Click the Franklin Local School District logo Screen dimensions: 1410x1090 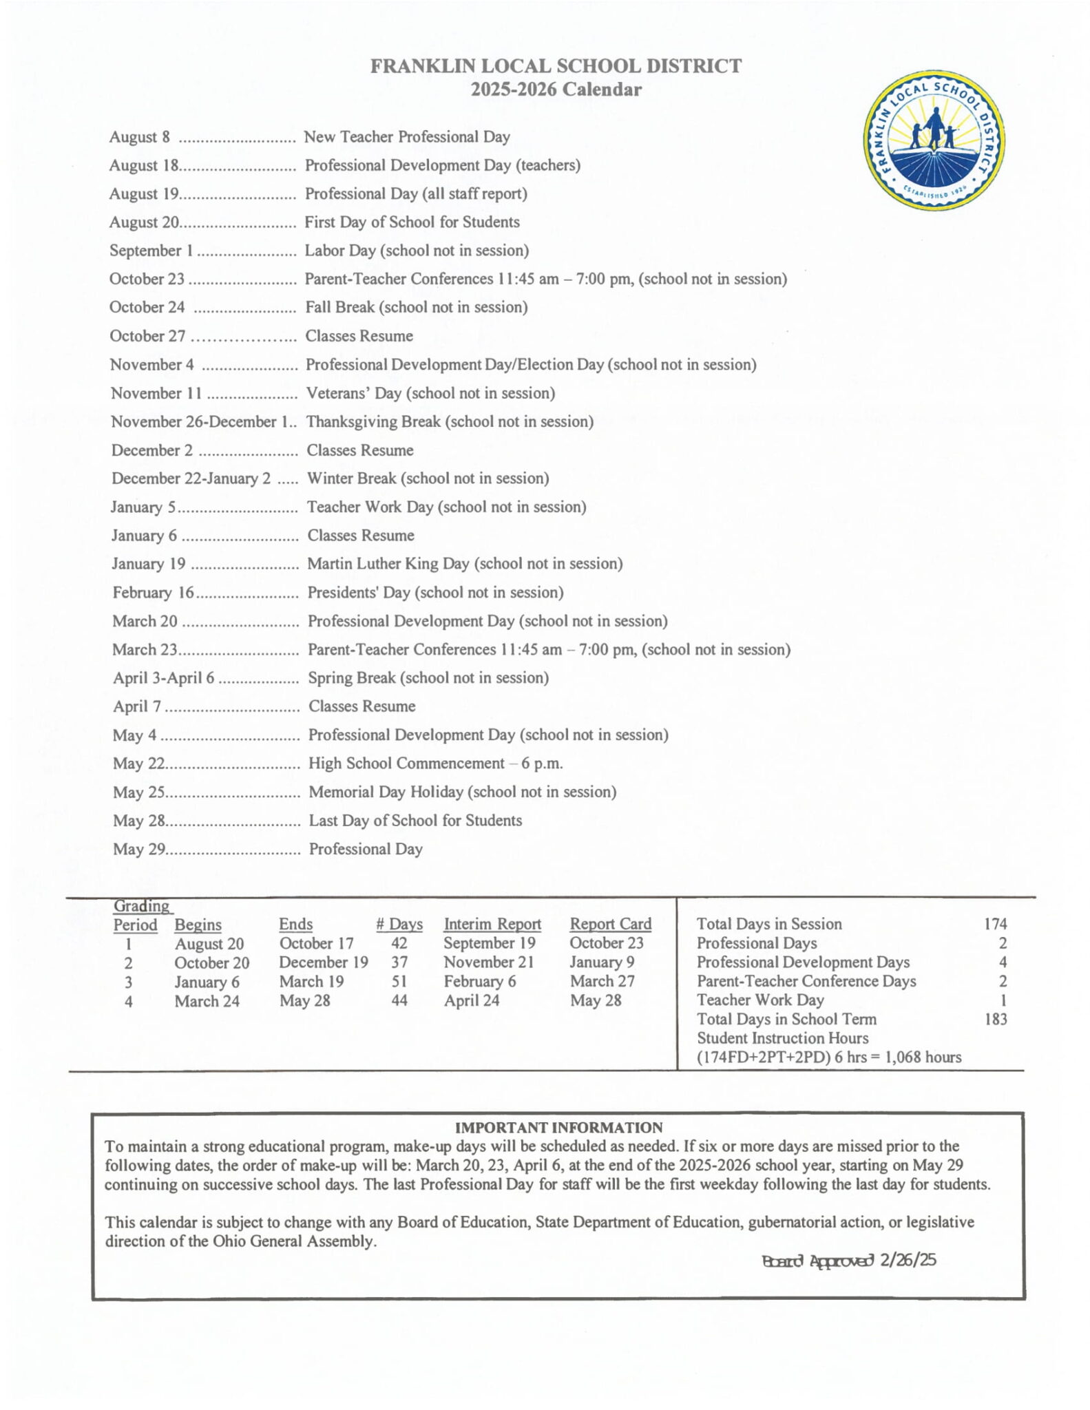click(x=934, y=140)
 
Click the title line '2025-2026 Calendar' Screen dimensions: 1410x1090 click(x=556, y=90)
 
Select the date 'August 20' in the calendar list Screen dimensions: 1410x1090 click(x=144, y=222)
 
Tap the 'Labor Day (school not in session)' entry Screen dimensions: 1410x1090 click(x=417, y=251)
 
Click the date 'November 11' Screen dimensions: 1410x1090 click(x=156, y=393)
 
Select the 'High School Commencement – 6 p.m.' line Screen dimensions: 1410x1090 click(x=435, y=764)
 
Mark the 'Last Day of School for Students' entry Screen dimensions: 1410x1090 click(x=415, y=821)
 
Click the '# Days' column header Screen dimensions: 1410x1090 click(x=399, y=925)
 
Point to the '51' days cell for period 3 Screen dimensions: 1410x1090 click(x=399, y=982)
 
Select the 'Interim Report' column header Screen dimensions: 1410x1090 click(x=492, y=925)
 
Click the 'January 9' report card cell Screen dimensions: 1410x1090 click(x=602, y=962)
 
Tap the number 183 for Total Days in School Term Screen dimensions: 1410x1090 click(x=996, y=1020)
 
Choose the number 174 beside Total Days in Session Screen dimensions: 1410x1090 click(x=996, y=924)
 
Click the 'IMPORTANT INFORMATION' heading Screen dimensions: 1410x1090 click(x=558, y=1128)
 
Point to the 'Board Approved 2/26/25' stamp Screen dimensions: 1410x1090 click(x=848, y=1261)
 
